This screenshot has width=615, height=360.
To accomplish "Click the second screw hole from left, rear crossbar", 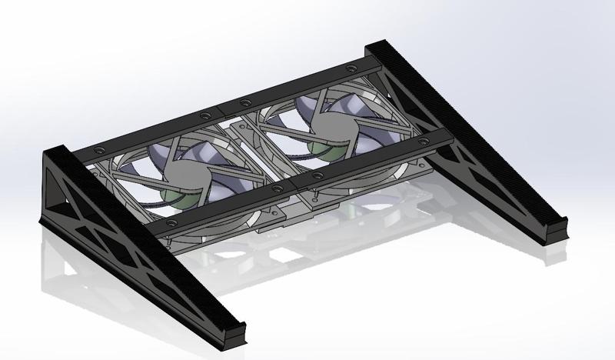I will (204, 115).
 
